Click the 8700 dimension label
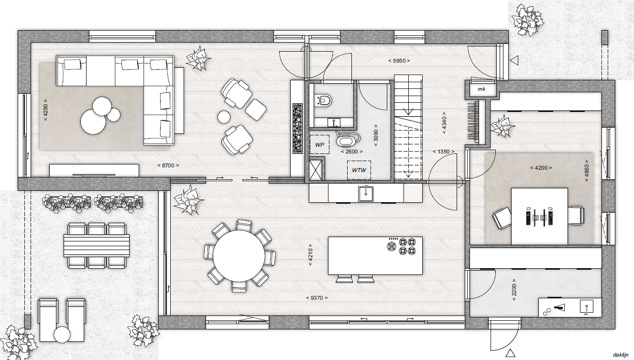pyautogui.click(x=168, y=165)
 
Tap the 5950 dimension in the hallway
pyautogui.click(x=399, y=61)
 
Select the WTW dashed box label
pyautogui.click(x=359, y=170)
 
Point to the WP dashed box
pyautogui.click(x=319, y=145)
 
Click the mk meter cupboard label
pyautogui.click(x=481, y=89)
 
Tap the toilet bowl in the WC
pyautogui.click(x=324, y=100)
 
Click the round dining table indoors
pyautogui.click(x=239, y=256)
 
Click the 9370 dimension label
pyautogui.click(x=317, y=298)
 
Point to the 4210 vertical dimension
pyautogui.click(x=310, y=255)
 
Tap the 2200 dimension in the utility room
pyautogui.click(x=514, y=290)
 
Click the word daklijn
pyautogui.click(x=621, y=355)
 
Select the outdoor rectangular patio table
pyautogui.click(x=97, y=245)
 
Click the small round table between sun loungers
pyautogui.click(x=62, y=335)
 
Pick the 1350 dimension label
pyautogui.click(x=444, y=152)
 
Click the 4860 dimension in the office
pyautogui.click(x=587, y=171)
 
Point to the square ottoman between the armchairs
pyautogui.click(x=256, y=110)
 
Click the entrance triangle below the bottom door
pyautogui.click(x=510, y=353)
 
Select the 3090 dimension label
pyautogui.click(x=376, y=135)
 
